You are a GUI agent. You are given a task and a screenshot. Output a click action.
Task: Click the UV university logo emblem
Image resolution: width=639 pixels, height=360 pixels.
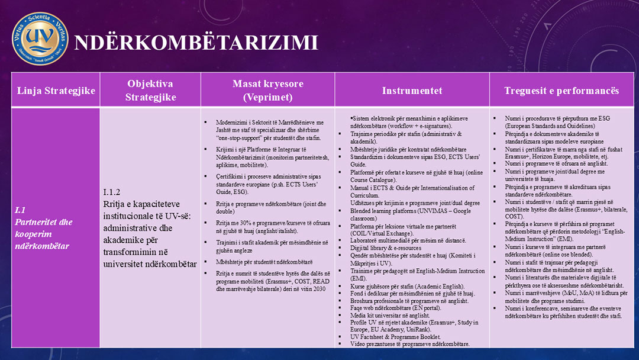(40, 38)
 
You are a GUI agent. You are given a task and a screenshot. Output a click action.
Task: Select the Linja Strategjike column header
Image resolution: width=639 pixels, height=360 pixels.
(56, 91)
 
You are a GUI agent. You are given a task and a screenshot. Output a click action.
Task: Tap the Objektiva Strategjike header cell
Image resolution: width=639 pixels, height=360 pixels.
(150, 91)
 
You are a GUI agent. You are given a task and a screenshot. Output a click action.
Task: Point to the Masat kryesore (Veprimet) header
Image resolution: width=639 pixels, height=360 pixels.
(267, 91)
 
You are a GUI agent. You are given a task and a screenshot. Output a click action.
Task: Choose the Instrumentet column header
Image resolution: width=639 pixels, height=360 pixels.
(412, 91)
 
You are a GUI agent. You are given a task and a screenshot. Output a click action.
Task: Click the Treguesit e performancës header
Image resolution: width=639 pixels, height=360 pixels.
(561, 91)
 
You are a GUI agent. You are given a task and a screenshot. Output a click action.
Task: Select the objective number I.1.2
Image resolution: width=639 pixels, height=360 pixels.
(112, 192)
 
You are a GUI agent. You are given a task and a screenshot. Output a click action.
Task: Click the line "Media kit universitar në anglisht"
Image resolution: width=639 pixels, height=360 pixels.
(390, 316)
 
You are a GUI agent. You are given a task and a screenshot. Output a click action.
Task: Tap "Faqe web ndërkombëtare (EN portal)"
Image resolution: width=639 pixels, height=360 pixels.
(395, 308)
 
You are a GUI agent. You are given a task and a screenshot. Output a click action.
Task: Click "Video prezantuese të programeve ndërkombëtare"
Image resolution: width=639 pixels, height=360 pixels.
(410, 343)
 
